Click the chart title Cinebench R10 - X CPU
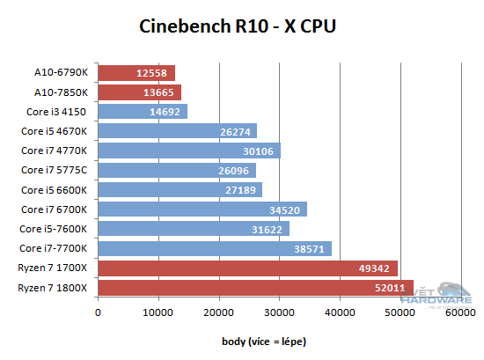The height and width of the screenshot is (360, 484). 238,26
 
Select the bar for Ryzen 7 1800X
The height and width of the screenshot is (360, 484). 255,288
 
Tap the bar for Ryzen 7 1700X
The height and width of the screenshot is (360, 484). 248,268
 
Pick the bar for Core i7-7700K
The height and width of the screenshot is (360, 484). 215,248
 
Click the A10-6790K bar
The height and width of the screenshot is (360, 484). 136,72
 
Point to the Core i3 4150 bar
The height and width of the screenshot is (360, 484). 143,112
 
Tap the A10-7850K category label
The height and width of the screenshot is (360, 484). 62,92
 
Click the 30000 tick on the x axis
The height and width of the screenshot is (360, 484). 279,311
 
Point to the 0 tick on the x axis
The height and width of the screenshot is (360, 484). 99,311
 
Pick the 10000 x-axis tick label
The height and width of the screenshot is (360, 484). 158,311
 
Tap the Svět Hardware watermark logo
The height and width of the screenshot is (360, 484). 448,298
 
